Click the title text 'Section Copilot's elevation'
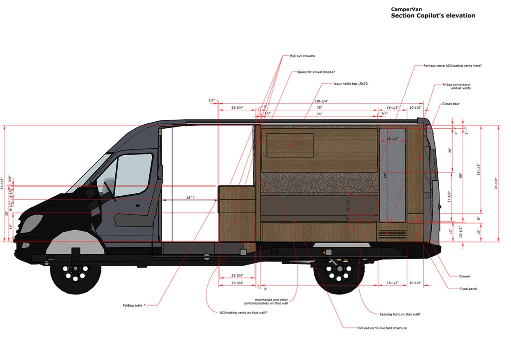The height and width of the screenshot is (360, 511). [x=433, y=15]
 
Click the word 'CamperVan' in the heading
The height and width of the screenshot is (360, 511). [x=405, y=9]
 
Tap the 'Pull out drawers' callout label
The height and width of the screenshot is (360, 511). [x=302, y=56]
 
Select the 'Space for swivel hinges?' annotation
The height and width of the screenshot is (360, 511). [x=316, y=72]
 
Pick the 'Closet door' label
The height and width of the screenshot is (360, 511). [x=451, y=104]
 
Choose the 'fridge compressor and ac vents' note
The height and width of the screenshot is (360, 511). [x=456, y=86]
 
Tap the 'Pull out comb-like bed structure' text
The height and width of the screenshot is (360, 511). [x=382, y=328]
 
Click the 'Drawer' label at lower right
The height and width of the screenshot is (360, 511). [x=465, y=276]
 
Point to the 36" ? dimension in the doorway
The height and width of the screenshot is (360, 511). [x=190, y=198]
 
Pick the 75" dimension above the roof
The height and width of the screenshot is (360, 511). [x=319, y=108]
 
